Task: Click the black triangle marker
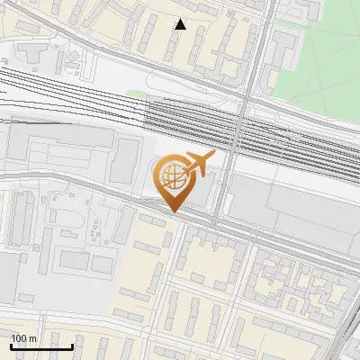pos(181,24)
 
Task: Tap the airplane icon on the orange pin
pos(197,165)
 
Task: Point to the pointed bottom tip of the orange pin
pos(173,212)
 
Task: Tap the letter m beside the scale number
pos(32,338)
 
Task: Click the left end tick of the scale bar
pos(11,346)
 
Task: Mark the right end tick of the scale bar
pos(73,346)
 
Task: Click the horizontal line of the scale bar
pos(41,346)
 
